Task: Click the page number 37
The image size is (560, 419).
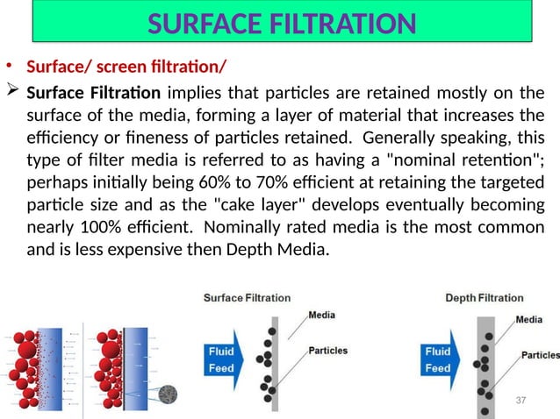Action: [521, 400]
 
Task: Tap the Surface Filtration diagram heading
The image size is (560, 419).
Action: [247, 298]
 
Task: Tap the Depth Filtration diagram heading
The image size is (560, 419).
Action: [484, 298]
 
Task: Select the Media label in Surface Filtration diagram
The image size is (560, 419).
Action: [320, 316]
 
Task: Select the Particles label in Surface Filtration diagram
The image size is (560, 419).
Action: [327, 351]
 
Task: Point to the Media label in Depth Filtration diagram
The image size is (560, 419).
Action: [528, 320]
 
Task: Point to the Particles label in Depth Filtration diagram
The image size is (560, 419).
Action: [541, 355]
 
